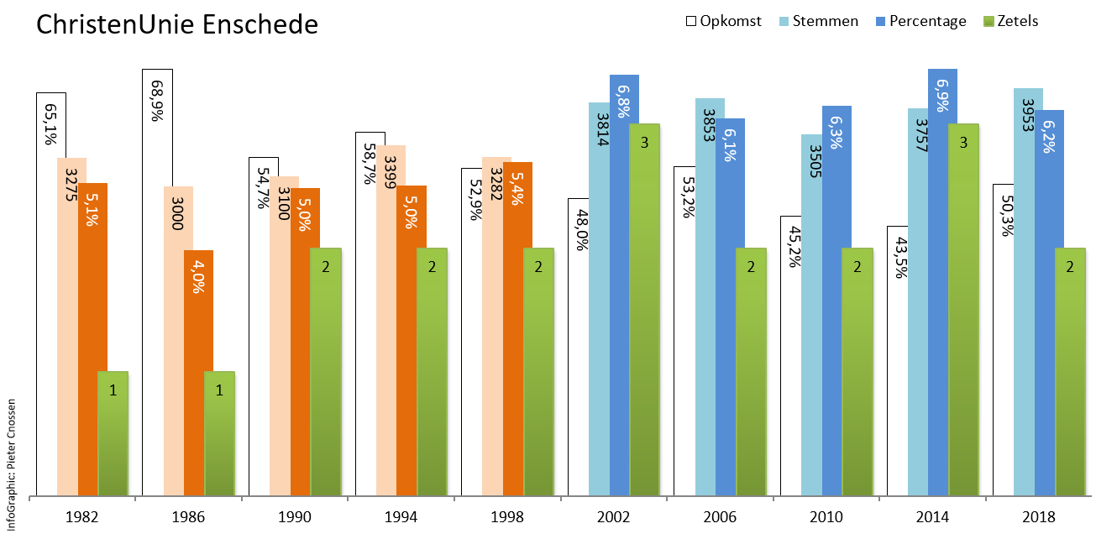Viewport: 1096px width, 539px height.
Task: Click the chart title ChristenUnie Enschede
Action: (x=177, y=24)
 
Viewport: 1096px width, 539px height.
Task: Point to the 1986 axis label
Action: (x=189, y=517)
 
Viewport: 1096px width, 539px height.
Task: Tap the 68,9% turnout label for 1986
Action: (x=156, y=102)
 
